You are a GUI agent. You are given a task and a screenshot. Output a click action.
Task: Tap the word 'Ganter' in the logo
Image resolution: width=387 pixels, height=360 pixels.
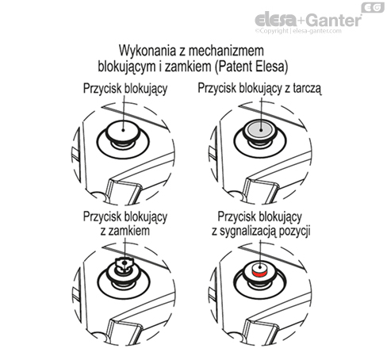(334, 20)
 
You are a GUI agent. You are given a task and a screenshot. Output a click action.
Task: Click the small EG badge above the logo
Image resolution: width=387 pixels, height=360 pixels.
(373, 7)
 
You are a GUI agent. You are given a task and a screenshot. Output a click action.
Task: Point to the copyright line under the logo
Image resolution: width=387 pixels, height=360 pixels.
(298, 31)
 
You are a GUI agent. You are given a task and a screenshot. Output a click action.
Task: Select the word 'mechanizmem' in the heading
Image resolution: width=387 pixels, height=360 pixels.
(226, 50)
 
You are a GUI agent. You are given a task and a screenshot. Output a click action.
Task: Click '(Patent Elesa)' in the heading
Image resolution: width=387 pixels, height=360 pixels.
(251, 67)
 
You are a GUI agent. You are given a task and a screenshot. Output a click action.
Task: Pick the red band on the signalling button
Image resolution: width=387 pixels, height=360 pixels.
(260, 274)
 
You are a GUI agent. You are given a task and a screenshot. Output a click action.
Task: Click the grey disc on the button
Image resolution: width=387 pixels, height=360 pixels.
(261, 129)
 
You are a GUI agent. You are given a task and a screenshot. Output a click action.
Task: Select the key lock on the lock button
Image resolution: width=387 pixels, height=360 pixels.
(124, 265)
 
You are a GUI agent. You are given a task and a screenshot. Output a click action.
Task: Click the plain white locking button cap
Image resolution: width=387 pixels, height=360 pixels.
(123, 129)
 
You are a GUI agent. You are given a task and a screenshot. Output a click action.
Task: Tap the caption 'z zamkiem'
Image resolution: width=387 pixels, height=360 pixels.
(125, 231)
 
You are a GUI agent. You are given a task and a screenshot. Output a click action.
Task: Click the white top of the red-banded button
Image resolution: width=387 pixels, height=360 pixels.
(260, 266)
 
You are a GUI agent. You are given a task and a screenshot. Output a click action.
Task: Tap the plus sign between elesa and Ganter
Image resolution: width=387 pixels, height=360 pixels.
(302, 21)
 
